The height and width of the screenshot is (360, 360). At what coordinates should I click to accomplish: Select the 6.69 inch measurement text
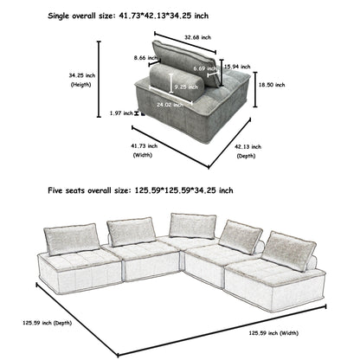click(205, 67)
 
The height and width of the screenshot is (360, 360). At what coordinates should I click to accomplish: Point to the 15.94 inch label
click(233, 66)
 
